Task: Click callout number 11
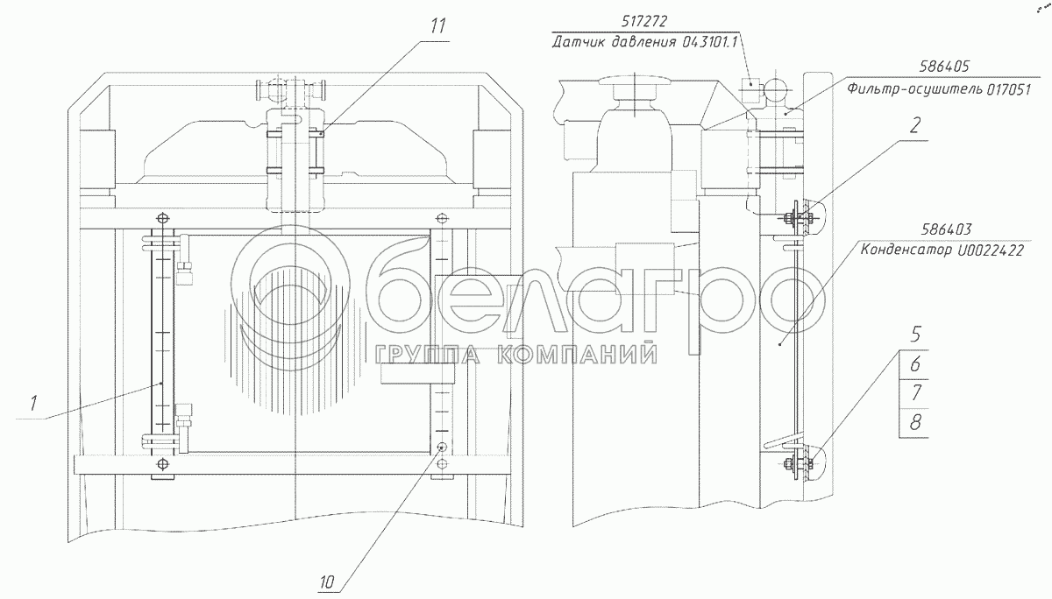[x=437, y=26]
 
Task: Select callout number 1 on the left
[x=33, y=403]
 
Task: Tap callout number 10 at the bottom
[x=327, y=582]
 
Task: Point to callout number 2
[x=914, y=125]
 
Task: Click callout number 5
[x=915, y=335]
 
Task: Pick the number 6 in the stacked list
[x=915, y=364]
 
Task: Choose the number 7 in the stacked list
[x=915, y=392]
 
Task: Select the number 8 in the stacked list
[x=915, y=422]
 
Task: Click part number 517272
[x=643, y=21]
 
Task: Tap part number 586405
[x=944, y=67]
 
